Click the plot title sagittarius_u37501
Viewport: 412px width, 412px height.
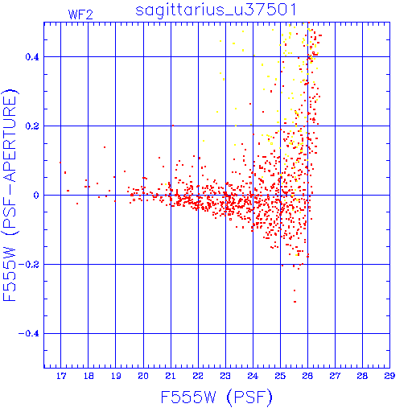pos(216,10)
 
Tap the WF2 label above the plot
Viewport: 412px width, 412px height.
pos(80,14)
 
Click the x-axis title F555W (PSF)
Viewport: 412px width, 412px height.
pos(216,398)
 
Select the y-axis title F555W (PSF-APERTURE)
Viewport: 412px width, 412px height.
pos(10,195)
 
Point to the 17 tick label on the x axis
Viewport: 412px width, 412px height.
pos(61,376)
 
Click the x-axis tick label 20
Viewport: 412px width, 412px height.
pos(143,376)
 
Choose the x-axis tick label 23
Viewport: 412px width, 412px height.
pos(225,376)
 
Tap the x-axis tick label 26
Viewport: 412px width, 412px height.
pos(307,376)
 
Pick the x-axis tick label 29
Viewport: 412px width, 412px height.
pos(389,376)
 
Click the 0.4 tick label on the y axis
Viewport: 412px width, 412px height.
pos(32,57)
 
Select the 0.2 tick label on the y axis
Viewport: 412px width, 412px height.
pos(32,126)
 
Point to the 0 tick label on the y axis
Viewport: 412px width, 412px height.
pos(36,196)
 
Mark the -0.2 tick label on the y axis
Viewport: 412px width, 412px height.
pos(29,265)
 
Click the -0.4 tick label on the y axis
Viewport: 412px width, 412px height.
pos(29,334)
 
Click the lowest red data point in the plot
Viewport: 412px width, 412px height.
pos(295,302)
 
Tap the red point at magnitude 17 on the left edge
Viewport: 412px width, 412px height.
pos(60,163)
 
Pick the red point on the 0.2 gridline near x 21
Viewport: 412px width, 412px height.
pos(173,126)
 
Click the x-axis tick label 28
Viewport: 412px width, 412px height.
pos(362,376)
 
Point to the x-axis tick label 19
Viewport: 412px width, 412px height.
pos(116,376)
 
